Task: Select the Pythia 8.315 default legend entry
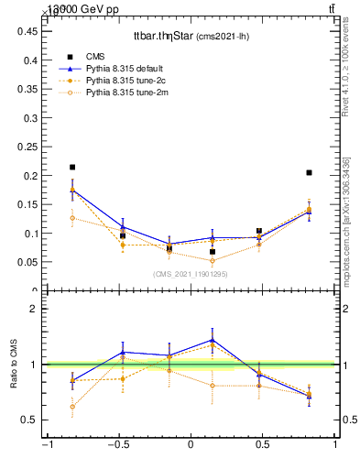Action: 129,68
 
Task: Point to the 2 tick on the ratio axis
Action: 35,309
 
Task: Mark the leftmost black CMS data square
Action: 72,168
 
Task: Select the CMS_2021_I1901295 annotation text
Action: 191,274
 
